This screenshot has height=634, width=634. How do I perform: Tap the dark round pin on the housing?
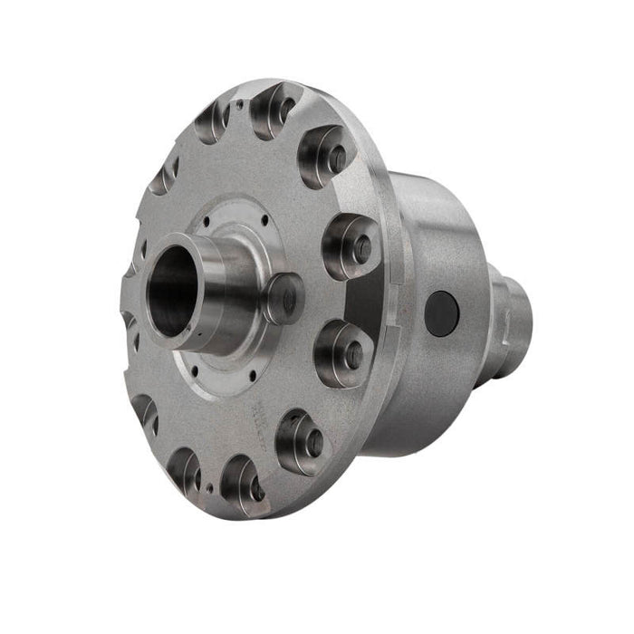[x=442, y=311]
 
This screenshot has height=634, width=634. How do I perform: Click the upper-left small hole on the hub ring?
[x=207, y=219]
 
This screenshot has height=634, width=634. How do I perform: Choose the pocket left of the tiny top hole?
[x=212, y=121]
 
